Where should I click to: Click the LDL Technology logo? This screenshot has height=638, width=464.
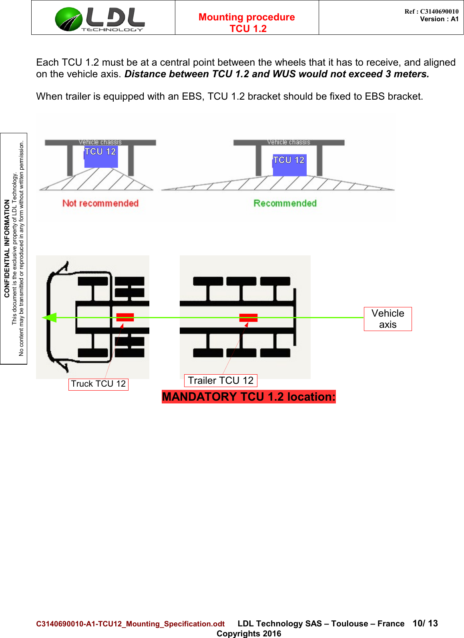100,19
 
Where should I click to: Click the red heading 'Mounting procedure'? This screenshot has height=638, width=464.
247,17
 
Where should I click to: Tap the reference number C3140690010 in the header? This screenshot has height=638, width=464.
439,11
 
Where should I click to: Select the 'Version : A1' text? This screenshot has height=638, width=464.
439,19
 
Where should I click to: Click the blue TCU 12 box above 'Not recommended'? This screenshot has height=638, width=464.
101,156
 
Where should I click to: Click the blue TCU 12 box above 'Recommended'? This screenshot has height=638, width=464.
289,165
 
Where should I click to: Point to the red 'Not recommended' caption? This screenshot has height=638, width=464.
100,203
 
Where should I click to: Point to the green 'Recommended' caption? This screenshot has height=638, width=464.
285,203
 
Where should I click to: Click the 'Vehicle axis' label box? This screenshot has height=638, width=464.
388,319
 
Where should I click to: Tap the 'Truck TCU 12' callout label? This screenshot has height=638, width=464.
98,384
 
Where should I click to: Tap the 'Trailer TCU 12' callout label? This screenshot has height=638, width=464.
221,381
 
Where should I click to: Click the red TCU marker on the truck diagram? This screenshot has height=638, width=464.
125,317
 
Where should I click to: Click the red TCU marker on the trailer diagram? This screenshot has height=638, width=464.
248,318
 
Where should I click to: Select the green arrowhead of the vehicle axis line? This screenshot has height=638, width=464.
50,318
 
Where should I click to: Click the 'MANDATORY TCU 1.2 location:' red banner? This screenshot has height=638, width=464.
249,397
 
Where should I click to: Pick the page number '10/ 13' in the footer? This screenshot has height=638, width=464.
425,623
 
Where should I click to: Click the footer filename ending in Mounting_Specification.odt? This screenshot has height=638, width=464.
131,624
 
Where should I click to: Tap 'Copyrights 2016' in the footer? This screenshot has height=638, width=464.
249,633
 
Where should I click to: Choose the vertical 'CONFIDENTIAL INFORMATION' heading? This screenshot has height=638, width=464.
7,248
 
